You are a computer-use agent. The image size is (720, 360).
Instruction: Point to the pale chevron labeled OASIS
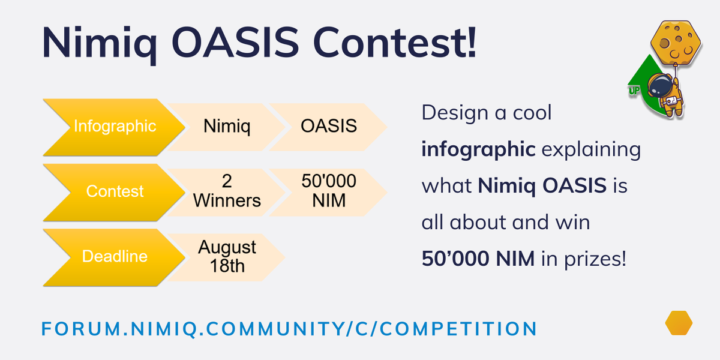pyautogui.click(x=328, y=127)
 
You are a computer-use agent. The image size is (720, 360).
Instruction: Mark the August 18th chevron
pyautogui.click(x=227, y=256)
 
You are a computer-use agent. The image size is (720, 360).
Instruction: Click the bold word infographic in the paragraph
pyautogui.click(x=478, y=149)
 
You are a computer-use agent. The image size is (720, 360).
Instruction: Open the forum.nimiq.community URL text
pyautogui.click(x=289, y=328)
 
